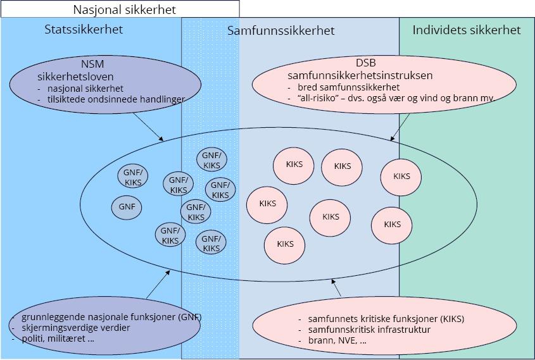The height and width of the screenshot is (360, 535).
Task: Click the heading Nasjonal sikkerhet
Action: click(x=124, y=10)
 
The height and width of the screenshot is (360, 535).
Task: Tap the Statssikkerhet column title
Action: click(x=84, y=30)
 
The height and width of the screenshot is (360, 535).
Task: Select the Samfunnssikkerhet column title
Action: click(x=281, y=31)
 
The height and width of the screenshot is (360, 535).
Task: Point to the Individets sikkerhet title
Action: click(x=467, y=30)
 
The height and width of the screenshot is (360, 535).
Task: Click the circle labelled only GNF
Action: click(x=127, y=207)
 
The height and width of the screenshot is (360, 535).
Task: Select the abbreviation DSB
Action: click(x=365, y=64)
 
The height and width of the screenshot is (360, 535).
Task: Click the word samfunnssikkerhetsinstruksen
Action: click(x=360, y=75)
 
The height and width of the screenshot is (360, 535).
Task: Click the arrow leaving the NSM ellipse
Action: click(x=149, y=128)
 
